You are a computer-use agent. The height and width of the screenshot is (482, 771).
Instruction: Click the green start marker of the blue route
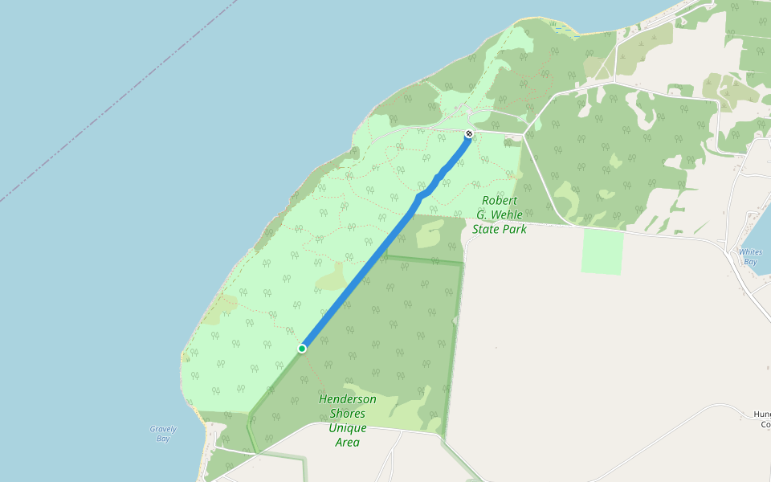302,349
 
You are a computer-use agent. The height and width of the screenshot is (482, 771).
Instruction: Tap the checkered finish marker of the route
469,133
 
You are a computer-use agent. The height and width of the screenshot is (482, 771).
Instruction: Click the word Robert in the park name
500,200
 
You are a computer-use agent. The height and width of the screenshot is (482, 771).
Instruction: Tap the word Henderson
347,399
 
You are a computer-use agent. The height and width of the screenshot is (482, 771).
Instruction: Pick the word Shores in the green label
347,414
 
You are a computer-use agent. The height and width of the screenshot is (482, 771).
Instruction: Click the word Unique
347,428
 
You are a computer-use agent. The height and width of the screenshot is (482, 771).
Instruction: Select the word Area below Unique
347,443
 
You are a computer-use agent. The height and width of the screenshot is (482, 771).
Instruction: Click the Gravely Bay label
163,434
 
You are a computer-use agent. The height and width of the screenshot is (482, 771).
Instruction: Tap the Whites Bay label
750,256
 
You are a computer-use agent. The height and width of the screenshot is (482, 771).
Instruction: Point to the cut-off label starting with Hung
761,419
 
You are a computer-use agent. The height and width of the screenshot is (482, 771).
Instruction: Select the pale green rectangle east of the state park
602,251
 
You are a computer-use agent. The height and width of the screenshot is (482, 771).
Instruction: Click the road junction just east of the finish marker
524,133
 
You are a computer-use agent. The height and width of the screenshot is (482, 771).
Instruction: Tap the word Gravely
163,429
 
